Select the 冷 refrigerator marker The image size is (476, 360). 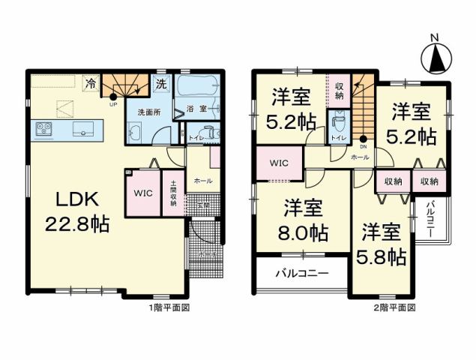pyautogui.click(x=91, y=84)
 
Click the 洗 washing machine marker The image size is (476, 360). pyautogui.click(x=161, y=85)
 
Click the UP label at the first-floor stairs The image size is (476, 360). pyautogui.click(x=112, y=104)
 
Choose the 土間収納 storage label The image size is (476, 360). pyautogui.click(x=172, y=193)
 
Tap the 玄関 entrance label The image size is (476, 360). pyautogui.click(x=203, y=205)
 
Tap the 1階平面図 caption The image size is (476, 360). pyautogui.click(x=167, y=307)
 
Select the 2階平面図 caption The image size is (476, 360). pyautogui.click(x=394, y=307)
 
